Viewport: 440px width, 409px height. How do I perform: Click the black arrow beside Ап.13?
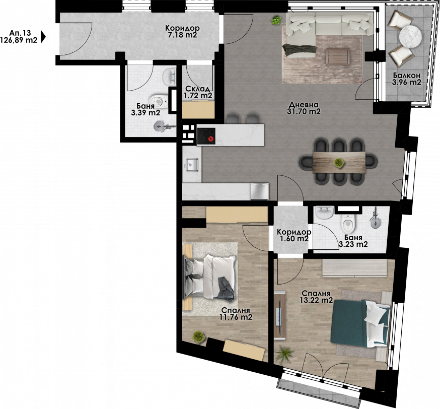pos(43,36)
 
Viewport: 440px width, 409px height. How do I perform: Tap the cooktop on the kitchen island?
pos(206,136)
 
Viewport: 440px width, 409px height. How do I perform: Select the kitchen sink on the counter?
pos(192,165)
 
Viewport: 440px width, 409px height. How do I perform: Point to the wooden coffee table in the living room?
pos(338,56)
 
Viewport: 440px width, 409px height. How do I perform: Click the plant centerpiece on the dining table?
pos(339,163)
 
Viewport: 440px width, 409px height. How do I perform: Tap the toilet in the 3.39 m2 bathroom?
pos(158,101)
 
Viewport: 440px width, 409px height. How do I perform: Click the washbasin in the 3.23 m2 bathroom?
pos(325,213)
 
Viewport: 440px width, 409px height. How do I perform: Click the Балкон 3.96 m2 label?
pos(406,79)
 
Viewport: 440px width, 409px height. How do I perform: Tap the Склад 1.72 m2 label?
pos(197,92)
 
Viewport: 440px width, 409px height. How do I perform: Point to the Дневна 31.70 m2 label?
pos(304,108)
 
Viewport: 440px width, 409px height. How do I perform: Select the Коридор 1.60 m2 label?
pos(294,236)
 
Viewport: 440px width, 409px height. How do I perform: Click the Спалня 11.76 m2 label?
pos(236,314)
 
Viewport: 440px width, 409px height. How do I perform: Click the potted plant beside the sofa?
pos(276,20)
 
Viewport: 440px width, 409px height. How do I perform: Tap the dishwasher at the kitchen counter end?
pos(260,191)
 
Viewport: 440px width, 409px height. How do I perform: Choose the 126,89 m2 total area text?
pos(19,40)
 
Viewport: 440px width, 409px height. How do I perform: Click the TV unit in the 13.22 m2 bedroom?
pos(280,315)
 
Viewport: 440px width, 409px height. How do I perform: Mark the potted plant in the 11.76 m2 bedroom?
pos(199,337)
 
